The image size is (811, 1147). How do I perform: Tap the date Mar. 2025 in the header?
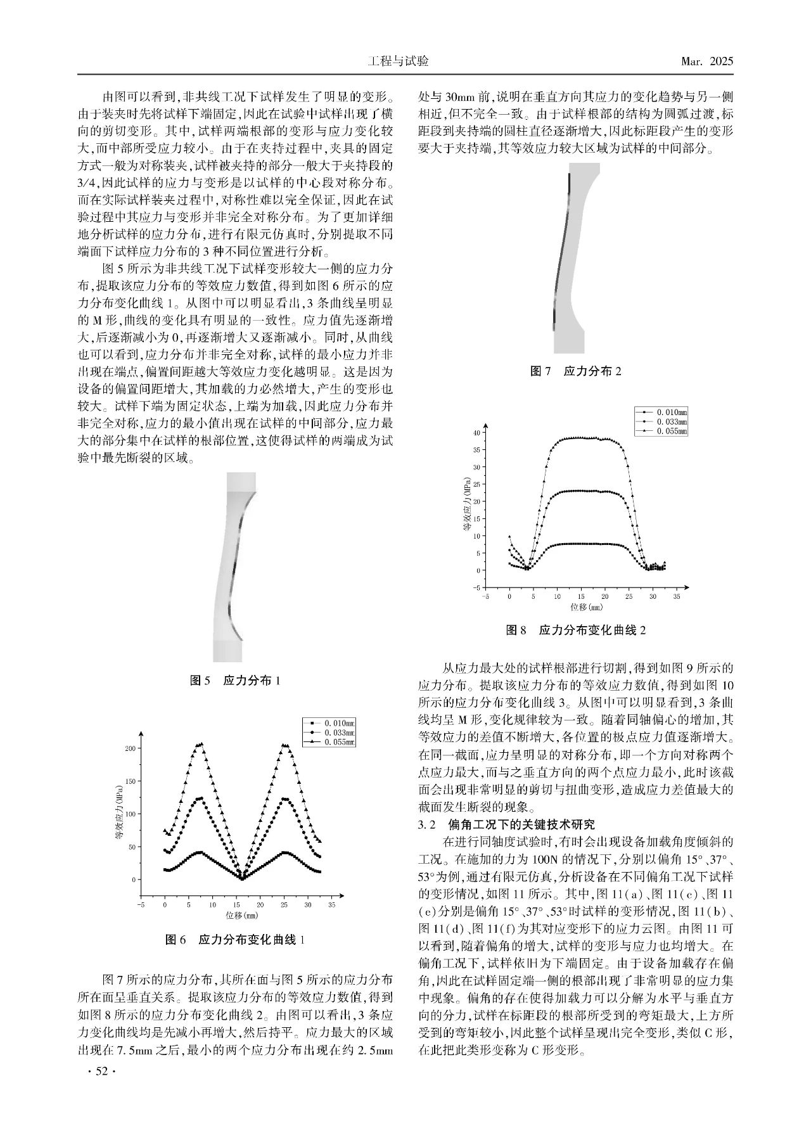click(706, 61)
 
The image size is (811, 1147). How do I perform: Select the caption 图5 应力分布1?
click(235, 681)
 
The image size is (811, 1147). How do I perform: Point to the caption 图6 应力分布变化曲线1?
click(235, 939)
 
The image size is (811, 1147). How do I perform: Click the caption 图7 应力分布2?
click(575, 371)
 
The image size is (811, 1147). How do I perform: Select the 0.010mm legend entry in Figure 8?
click(670, 413)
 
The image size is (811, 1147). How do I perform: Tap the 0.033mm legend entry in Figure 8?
click(670, 421)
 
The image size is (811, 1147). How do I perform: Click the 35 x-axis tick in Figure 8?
click(676, 596)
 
